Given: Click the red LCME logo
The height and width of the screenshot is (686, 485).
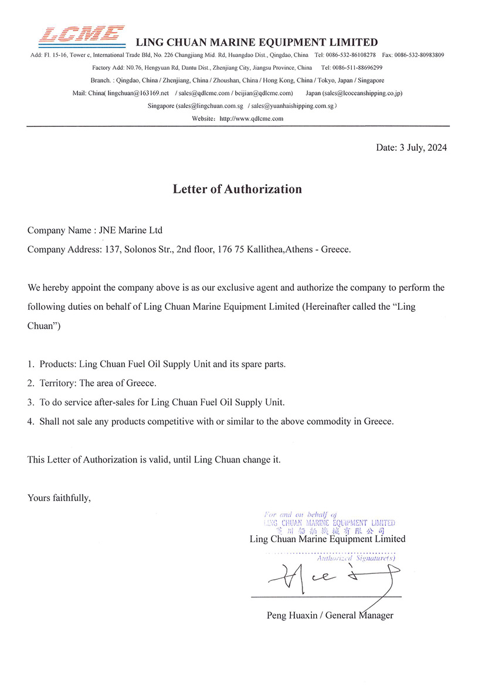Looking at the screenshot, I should pyautogui.click(x=82, y=36).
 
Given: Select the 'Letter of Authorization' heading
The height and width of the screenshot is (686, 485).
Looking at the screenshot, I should pyautogui.click(x=237, y=189).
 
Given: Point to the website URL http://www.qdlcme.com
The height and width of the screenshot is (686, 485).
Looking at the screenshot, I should pyautogui.click(x=251, y=119).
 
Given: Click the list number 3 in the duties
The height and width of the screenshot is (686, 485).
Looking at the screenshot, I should pyautogui.click(x=30, y=402).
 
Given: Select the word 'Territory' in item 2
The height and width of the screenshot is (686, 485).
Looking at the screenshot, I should pyautogui.click(x=57, y=383).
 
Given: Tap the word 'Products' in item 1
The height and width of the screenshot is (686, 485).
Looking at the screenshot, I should pyautogui.click(x=57, y=364).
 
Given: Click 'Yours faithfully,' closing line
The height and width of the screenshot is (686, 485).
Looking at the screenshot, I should pyautogui.click(x=59, y=498).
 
